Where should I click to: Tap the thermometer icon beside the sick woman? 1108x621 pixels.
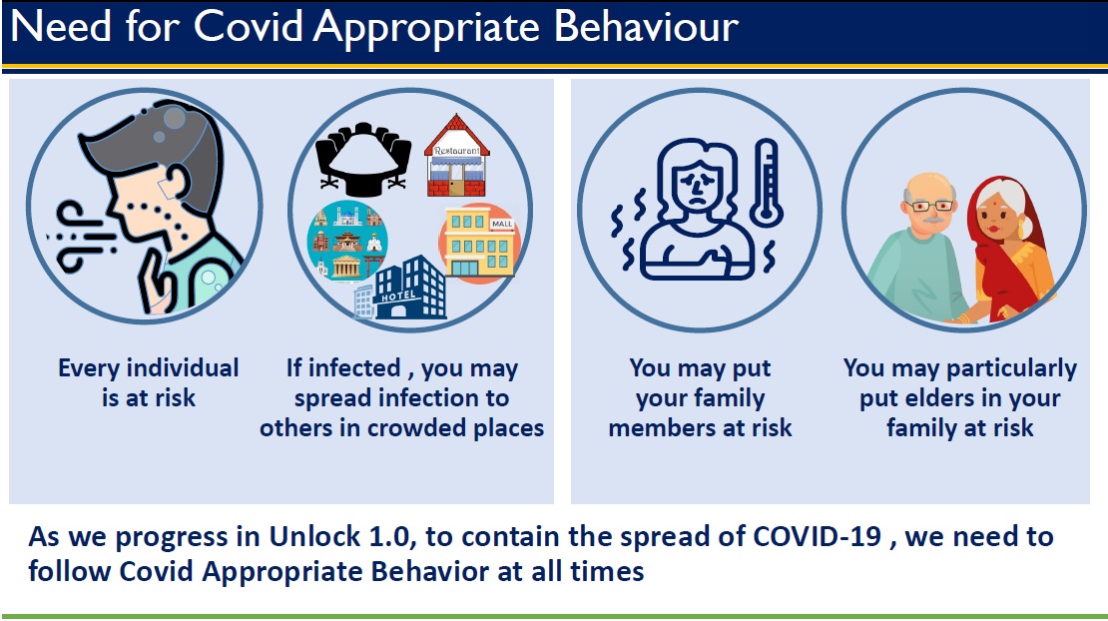(x=766, y=183)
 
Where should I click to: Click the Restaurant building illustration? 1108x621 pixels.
(x=456, y=156)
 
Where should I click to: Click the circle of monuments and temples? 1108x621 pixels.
(x=347, y=241)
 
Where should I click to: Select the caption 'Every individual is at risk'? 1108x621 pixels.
(x=149, y=382)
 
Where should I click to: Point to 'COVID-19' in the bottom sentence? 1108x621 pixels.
(x=817, y=536)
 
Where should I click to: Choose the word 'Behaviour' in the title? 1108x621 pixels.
(x=646, y=26)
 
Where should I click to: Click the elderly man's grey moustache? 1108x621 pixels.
(x=932, y=220)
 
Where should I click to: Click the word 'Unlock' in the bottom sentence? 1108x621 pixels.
(x=315, y=537)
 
